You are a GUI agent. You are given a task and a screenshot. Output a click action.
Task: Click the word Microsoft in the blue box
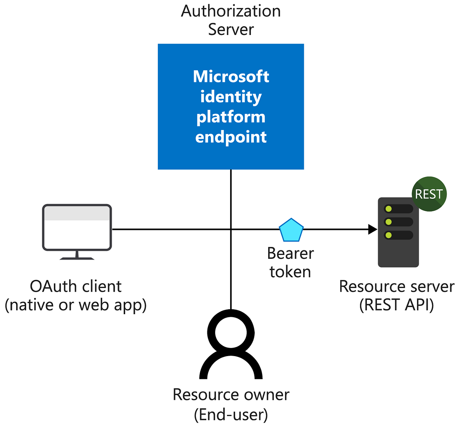[x=231, y=77]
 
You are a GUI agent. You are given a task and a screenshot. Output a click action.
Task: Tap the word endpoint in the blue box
[x=231, y=137]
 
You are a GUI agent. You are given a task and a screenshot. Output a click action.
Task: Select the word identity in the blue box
[x=231, y=97]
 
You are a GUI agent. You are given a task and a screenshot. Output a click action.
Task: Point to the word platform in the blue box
[x=231, y=117]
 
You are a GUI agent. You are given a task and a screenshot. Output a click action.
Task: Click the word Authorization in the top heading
[x=231, y=11]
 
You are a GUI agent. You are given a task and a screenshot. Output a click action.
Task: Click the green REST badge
[x=429, y=194]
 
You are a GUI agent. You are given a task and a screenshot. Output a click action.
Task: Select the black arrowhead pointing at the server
[x=372, y=229]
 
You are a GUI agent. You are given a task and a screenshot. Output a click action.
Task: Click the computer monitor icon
[x=77, y=228]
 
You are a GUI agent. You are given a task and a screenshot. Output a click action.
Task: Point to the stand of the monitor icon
[x=77, y=255]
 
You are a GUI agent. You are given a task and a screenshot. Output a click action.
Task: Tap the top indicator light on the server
[x=388, y=209]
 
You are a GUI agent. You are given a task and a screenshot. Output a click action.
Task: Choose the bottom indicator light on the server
[x=388, y=235]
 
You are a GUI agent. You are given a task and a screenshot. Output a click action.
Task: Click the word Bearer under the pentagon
[x=290, y=253]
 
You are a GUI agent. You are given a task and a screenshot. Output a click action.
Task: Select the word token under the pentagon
[x=290, y=272]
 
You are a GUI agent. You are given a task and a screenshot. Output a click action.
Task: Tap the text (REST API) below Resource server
[x=396, y=305]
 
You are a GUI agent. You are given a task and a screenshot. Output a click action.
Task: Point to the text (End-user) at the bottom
[x=231, y=415]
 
